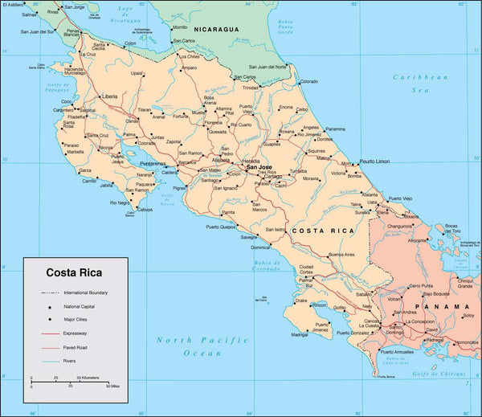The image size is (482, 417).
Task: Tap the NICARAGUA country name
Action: (x=211, y=28)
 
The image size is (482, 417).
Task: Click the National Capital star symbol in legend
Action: (x=49, y=307)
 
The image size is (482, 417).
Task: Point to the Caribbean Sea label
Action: (x=419, y=84)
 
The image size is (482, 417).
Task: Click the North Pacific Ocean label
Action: (x=190, y=346)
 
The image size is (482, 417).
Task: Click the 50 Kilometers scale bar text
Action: (x=88, y=377)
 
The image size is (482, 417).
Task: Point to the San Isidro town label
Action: (x=275, y=229)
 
